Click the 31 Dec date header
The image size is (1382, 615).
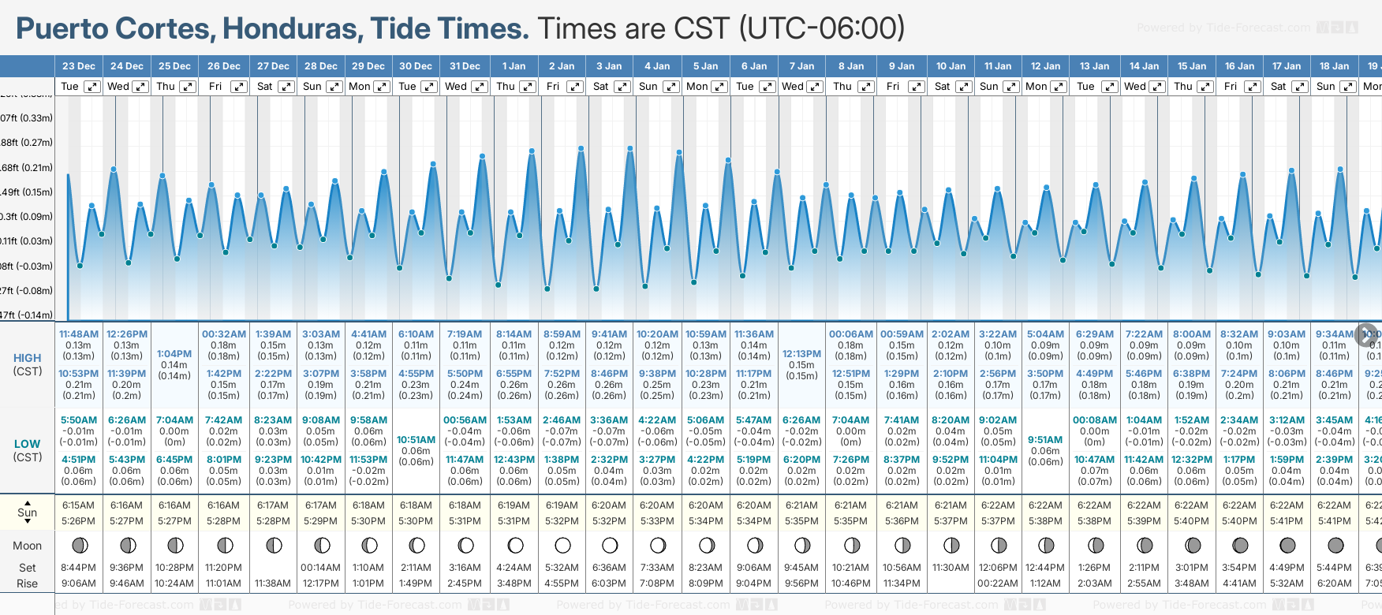(x=465, y=66)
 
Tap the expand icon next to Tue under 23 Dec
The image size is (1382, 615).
(x=92, y=87)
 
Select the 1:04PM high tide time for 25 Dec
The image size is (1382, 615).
(x=174, y=354)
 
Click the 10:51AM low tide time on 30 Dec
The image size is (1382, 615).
(x=416, y=440)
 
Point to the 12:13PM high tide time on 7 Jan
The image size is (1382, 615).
(x=801, y=354)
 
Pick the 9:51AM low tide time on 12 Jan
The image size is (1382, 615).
(x=1045, y=440)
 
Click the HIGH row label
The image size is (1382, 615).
(x=28, y=358)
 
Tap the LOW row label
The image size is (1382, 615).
(x=28, y=444)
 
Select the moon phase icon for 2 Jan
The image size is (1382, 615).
(x=562, y=545)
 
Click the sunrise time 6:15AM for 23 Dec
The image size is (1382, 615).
(x=78, y=505)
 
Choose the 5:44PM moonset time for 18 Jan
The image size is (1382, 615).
(x=1335, y=568)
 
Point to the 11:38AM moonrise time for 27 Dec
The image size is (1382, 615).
(x=273, y=583)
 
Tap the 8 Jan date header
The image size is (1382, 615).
(x=851, y=66)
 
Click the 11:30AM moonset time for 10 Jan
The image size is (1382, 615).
(x=951, y=568)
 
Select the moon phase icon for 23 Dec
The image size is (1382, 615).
(x=79, y=545)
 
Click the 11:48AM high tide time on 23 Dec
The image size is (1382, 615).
(x=79, y=334)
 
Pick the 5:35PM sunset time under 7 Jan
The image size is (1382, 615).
(x=801, y=521)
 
